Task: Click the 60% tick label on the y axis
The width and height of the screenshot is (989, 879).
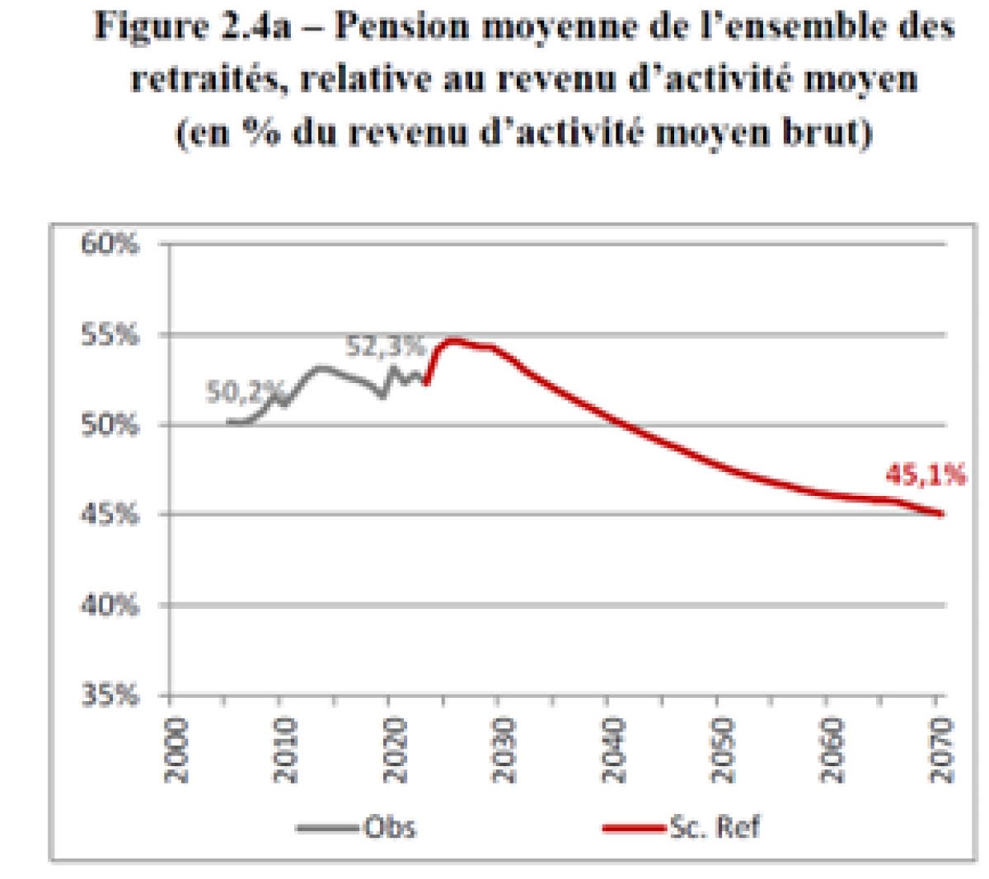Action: pos(110,245)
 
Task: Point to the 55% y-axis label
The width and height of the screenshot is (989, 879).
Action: pos(110,335)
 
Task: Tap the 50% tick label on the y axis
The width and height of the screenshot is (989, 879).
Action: pos(110,425)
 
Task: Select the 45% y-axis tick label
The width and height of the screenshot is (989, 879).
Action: pos(110,515)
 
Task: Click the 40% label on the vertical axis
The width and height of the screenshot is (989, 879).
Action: pos(110,605)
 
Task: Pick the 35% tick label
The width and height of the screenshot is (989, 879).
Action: pos(110,695)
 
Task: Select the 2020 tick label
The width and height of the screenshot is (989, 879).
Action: pos(395,750)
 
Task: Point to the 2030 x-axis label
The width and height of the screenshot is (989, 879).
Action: pos(504,750)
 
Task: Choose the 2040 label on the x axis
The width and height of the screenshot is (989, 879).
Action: pos(613,750)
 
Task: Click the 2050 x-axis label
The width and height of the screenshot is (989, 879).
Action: pos(722,750)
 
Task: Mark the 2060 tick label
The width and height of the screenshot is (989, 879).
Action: pos(832,750)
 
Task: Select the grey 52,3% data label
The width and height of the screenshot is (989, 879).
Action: pos(384,347)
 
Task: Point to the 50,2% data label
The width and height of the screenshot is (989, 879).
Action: pos(245,393)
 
